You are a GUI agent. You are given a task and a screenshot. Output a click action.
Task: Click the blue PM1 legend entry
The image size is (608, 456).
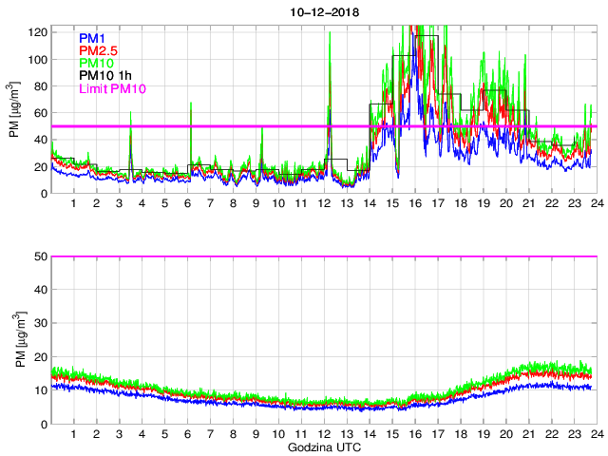click(x=92, y=38)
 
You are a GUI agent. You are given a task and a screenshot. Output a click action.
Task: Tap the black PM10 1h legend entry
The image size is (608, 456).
click(x=105, y=75)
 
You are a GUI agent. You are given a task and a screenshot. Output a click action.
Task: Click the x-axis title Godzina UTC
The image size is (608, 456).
click(x=323, y=446)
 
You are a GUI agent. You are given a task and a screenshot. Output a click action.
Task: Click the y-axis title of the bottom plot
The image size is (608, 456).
click(x=14, y=340)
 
